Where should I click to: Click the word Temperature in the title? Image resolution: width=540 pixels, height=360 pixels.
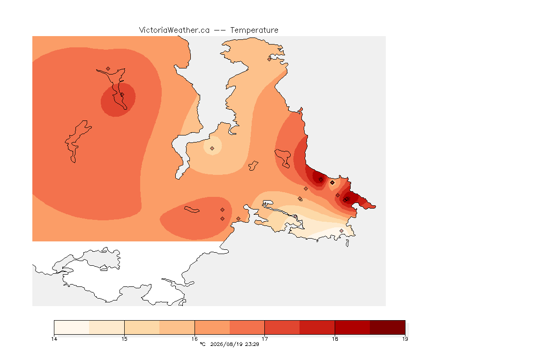coord(254,30)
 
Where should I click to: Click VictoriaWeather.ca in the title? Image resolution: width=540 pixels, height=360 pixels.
coord(174,30)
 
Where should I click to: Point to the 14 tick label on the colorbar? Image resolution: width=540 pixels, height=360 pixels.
coord(54,339)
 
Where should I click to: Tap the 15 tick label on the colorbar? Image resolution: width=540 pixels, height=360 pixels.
coord(124,339)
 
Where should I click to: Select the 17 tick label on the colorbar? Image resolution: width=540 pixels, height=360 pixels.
coord(264,339)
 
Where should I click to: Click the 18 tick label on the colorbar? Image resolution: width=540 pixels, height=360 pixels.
coord(335,339)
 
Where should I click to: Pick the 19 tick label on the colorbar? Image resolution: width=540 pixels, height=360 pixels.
coord(405,339)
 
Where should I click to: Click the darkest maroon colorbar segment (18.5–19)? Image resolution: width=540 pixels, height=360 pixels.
coord(388,327)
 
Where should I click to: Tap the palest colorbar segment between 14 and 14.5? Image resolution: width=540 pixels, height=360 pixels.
coord(72,327)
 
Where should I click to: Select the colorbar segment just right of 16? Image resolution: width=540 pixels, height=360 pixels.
coord(212,327)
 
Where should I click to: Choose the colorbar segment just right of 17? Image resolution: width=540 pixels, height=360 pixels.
coord(282,327)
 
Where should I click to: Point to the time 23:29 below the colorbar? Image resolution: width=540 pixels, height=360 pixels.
coord(252,344)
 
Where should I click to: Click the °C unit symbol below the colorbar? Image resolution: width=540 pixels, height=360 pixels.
coord(202,344)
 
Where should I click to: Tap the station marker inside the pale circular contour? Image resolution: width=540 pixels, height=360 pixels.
coord(212,149)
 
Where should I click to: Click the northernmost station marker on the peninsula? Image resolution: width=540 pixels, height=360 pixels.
coord(270,59)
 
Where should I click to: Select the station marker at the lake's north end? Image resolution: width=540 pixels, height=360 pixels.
coord(108,69)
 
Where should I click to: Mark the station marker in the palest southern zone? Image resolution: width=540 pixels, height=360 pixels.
coord(341,231)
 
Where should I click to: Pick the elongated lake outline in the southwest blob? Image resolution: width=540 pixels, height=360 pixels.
coord(192,210)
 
